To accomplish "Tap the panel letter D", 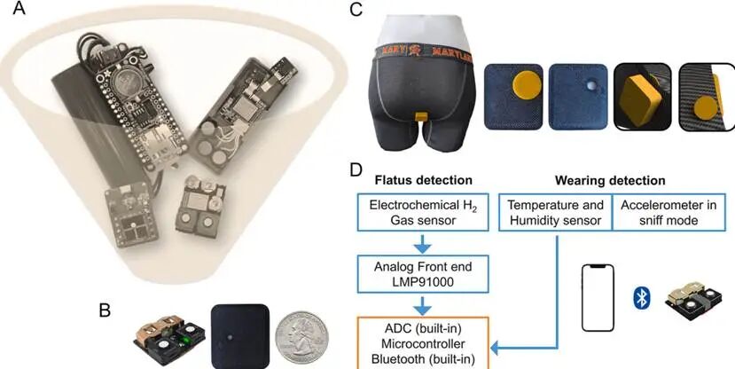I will point(356,168).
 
